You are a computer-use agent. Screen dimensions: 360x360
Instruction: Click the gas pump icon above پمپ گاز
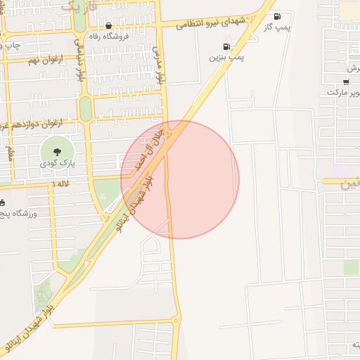click(276, 16)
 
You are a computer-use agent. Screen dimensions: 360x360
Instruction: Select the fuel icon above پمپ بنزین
click(226, 47)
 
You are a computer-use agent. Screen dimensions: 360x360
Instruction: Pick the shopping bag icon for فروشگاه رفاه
click(108, 25)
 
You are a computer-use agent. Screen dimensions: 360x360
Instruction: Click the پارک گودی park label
click(57, 163)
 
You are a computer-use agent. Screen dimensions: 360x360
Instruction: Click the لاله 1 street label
click(41, 184)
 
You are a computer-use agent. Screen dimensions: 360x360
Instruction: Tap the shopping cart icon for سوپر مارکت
click(345, 82)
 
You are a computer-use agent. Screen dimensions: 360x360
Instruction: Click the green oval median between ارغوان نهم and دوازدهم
click(85, 108)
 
